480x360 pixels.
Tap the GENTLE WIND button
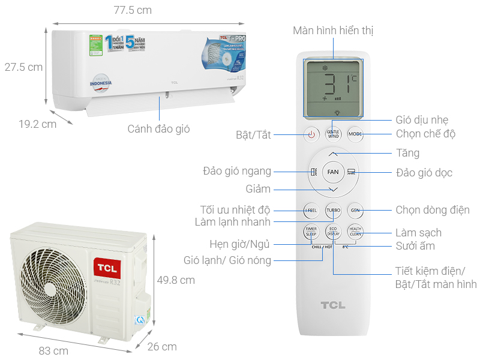point(334,134)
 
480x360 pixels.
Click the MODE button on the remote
point(355,134)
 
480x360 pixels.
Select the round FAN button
point(333,172)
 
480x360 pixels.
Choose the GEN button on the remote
point(355,210)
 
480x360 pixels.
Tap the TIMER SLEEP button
point(311,232)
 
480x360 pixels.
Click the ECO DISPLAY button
point(333,232)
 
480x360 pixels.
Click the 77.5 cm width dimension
point(133,10)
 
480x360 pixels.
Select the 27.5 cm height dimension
point(23,67)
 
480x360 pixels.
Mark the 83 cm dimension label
point(53,350)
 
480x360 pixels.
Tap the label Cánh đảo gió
point(158,128)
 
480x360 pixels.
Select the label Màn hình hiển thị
point(334,31)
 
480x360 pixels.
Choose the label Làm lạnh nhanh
point(232,221)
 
